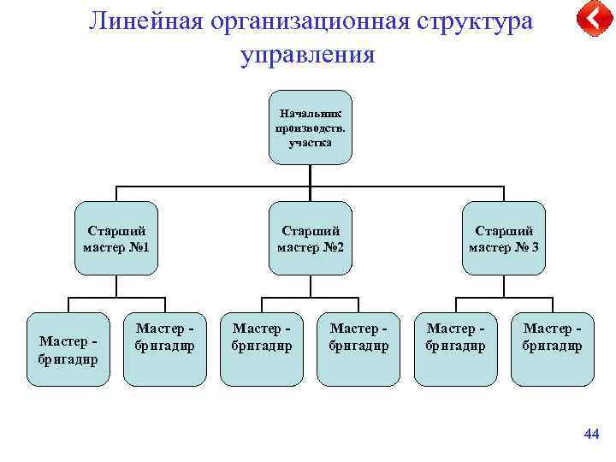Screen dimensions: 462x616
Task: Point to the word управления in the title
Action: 308,56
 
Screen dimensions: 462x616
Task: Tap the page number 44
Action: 590,435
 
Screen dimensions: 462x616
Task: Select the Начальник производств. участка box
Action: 310,127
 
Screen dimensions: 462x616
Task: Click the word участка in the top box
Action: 310,142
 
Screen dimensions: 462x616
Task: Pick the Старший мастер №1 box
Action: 116,238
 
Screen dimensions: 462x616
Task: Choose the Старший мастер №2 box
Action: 310,238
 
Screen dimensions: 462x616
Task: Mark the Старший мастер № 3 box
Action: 503,238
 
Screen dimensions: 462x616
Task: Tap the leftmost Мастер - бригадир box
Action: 68,348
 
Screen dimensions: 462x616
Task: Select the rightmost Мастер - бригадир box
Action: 552,348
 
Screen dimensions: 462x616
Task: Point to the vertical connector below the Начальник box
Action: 310,176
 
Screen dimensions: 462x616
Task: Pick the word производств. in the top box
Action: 310,127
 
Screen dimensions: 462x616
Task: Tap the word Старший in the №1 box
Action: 116,231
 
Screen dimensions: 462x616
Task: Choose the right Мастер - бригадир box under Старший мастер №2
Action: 358,348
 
